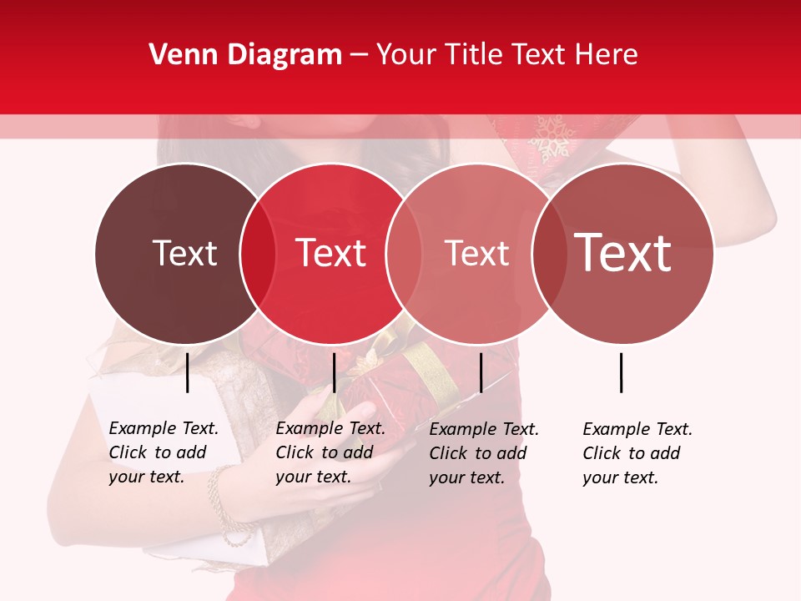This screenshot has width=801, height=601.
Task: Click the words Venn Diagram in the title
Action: pyautogui.click(x=245, y=55)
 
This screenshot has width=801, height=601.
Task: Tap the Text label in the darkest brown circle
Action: pyautogui.click(x=184, y=254)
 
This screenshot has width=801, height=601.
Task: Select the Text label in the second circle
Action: pyautogui.click(x=331, y=254)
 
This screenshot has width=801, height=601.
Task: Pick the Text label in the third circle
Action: pyautogui.click(x=476, y=254)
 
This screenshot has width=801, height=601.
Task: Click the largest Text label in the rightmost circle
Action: pyautogui.click(x=623, y=253)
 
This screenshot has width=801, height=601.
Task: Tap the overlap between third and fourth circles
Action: pyautogui.click(x=549, y=254)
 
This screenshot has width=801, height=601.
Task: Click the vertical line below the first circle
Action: pyautogui.click(x=188, y=372)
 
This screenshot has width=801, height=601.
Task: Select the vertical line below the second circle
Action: pyautogui.click(x=334, y=372)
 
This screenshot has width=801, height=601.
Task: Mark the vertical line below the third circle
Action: pyautogui.click(x=481, y=372)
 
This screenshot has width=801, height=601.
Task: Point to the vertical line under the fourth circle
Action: pyautogui.click(x=622, y=372)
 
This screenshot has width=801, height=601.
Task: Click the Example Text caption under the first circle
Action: pyautogui.click(x=164, y=452)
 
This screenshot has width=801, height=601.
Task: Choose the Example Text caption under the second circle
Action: pyautogui.click(x=330, y=452)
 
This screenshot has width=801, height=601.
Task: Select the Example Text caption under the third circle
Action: pyautogui.click(x=484, y=453)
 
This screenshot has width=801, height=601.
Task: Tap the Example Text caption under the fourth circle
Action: pyautogui.click(x=637, y=453)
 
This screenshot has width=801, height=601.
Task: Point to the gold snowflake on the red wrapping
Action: pyautogui.click(x=550, y=138)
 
